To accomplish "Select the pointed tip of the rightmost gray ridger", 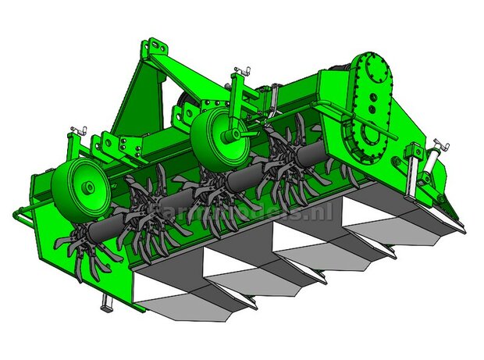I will [464, 231].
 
